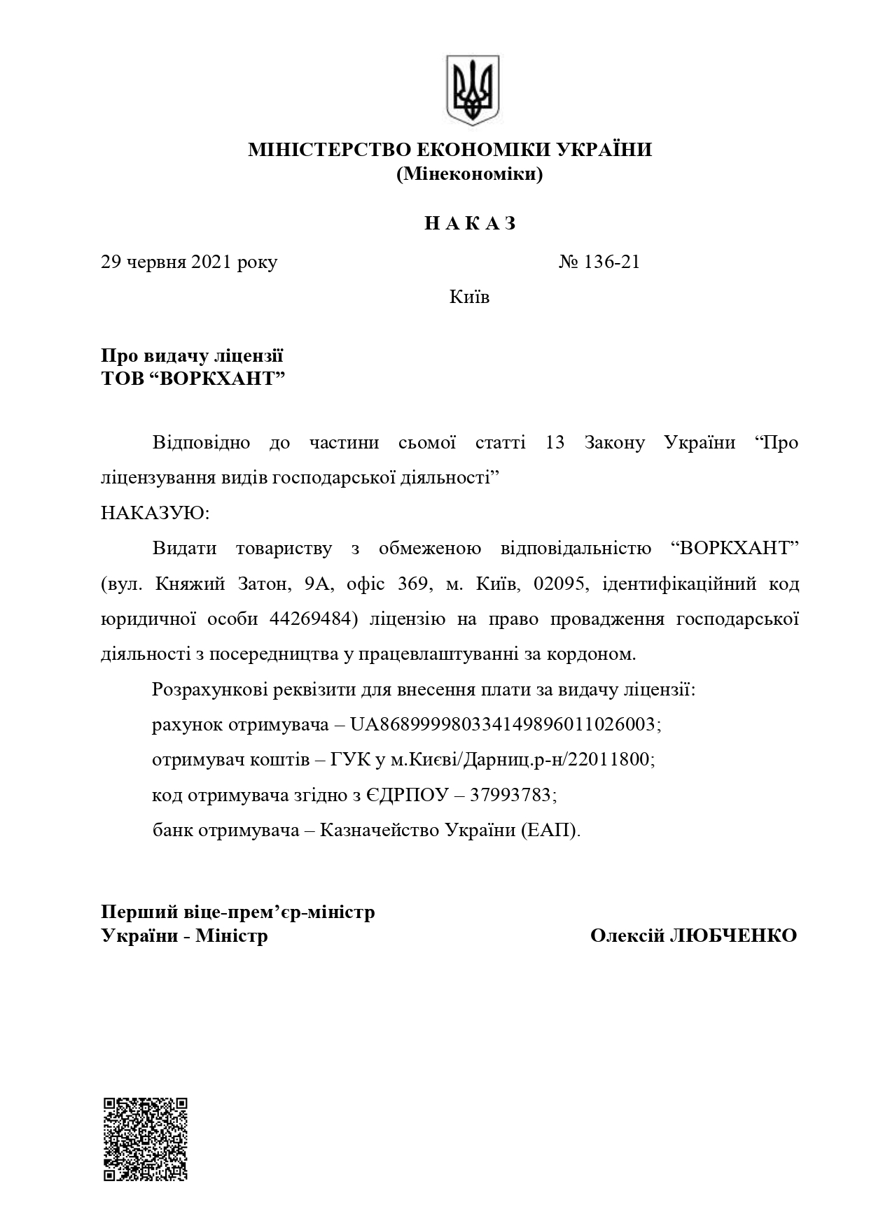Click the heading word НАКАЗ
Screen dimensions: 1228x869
pos(471,223)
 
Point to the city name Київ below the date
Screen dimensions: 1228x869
pos(469,297)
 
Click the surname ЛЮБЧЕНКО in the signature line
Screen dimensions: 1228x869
pos(732,936)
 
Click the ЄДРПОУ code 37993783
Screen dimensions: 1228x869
pos(513,796)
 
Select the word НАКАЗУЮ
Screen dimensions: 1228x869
pos(155,513)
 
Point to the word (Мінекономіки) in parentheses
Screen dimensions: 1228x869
pos(469,174)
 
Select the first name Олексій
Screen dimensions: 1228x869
pos(627,936)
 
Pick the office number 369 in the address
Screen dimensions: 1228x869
pos(413,584)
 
